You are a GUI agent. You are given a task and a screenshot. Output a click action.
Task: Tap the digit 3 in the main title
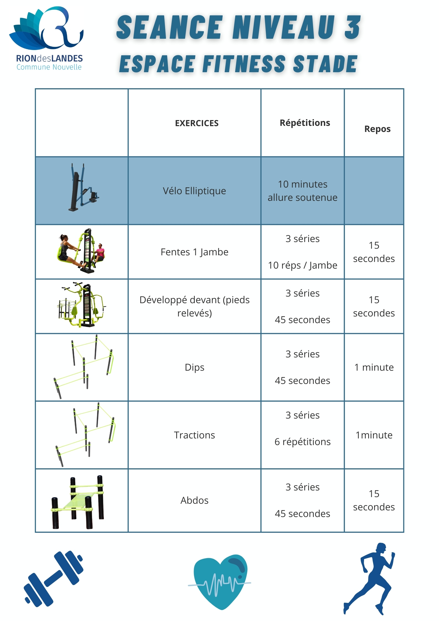point(352,28)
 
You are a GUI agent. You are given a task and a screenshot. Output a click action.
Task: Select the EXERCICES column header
point(197,123)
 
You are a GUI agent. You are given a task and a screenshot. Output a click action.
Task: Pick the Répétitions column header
point(305,123)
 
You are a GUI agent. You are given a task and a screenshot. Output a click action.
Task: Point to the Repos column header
point(377,129)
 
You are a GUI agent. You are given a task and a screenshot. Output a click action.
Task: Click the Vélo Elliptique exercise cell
point(194,191)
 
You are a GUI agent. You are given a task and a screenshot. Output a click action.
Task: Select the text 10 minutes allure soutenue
point(303,191)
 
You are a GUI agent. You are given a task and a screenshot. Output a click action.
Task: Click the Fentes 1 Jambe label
point(194,252)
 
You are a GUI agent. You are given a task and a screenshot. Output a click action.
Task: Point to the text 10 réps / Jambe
point(303,265)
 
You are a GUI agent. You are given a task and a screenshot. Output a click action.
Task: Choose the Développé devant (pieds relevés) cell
point(194,306)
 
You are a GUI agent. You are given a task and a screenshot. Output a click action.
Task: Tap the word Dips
point(194,367)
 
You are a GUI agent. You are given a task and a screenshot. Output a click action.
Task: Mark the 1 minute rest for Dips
point(374,367)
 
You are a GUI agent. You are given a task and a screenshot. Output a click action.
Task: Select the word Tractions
point(194,435)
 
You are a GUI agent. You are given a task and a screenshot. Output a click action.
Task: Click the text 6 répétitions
point(303,442)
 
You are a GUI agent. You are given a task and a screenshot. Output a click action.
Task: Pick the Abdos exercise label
point(194,500)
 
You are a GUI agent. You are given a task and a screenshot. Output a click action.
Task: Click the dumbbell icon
point(53,579)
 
